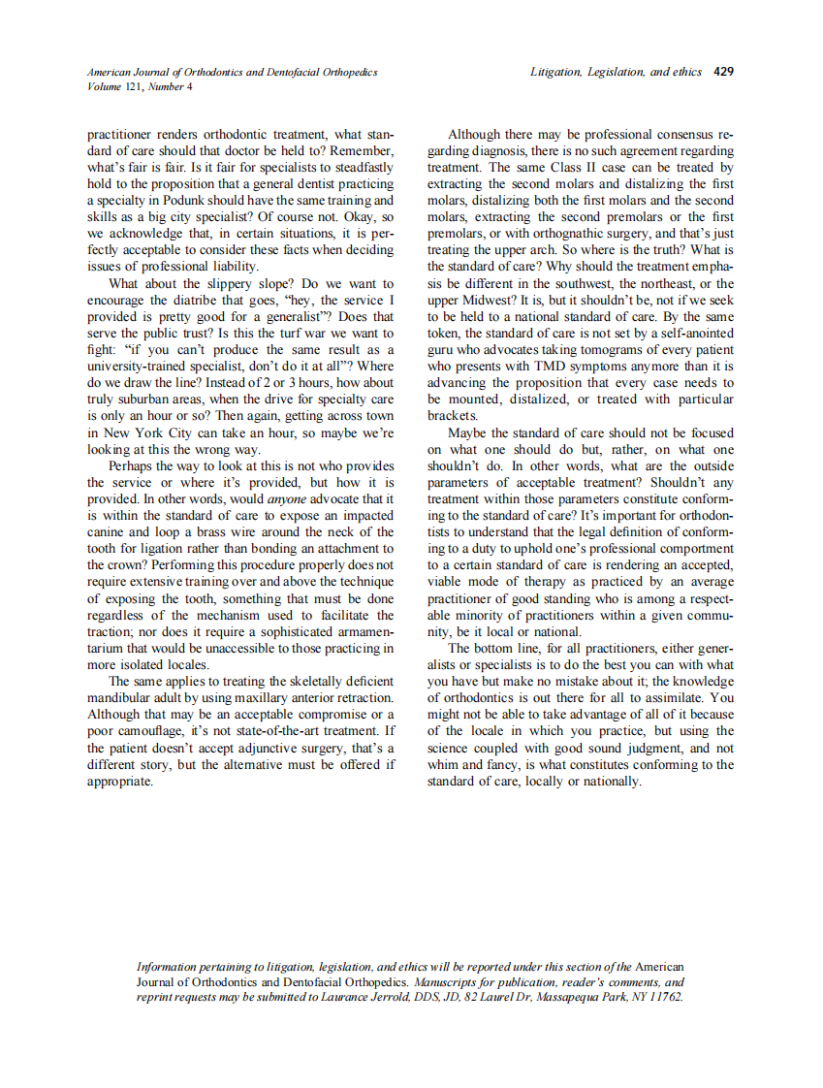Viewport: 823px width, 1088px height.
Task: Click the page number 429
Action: [x=723, y=72]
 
